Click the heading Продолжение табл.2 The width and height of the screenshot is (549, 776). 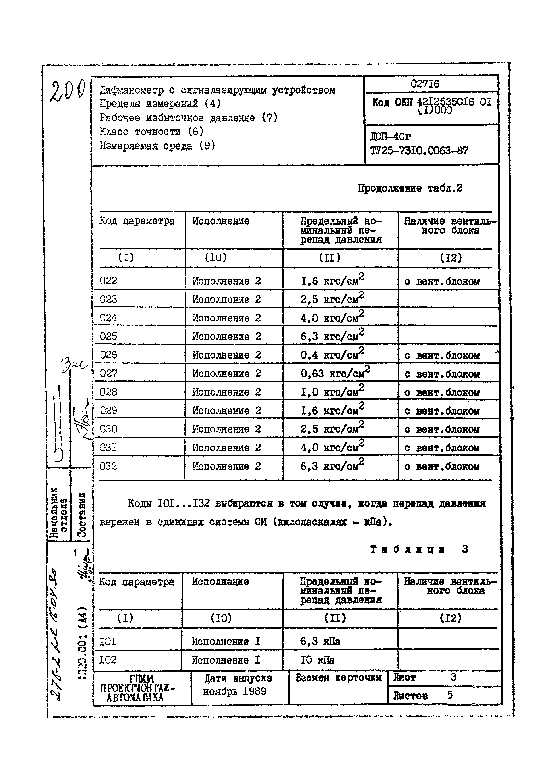pyautogui.click(x=410, y=188)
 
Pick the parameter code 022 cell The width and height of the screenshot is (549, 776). pyautogui.click(x=108, y=281)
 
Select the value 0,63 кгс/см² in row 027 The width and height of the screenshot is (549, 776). pyautogui.click(x=335, y=373)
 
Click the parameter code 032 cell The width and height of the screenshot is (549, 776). pyautogui.click(x=108, y=466)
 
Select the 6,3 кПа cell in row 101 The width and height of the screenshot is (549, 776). pyautogui.click(x=320, y=641)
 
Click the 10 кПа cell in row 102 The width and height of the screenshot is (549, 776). pyautogui.click(x=317, y=660)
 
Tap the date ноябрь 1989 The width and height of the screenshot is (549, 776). pyautogui.click(x=234, y=691)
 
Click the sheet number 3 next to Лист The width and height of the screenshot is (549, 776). pyautogui.click(x=453, y=677)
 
